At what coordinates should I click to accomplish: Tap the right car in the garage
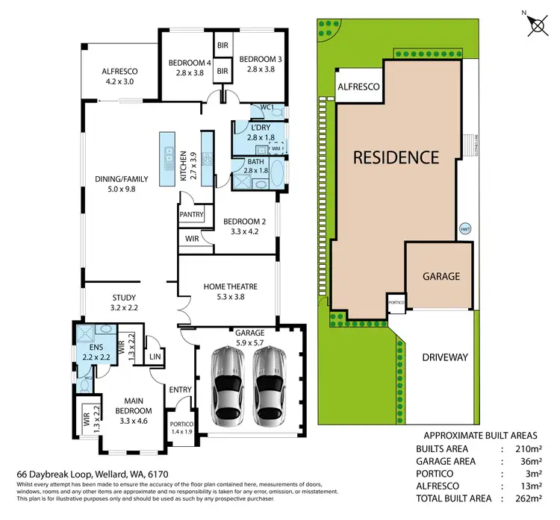(268, 386)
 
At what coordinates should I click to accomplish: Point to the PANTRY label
(192, 215)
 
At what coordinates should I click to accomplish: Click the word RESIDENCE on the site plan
(396, 157)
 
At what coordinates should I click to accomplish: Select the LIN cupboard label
(156, 358)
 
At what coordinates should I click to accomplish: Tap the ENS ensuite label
(96, 348)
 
